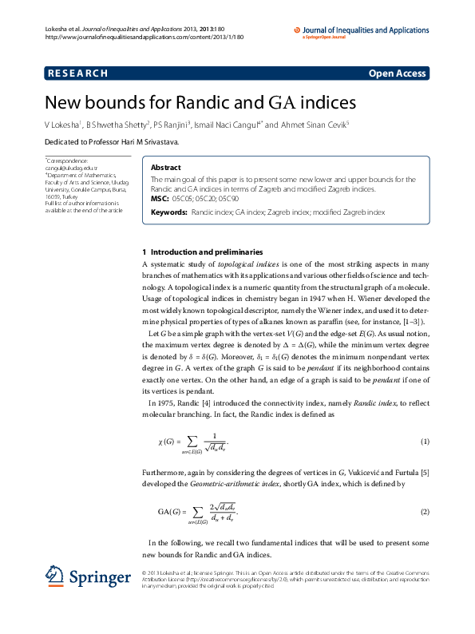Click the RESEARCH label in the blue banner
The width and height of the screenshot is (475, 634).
click(77, 73)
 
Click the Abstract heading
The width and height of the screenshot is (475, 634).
click(165, 168)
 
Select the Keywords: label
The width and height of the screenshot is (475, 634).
click(169, 213)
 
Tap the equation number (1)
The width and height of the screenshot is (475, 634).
click(426, 442)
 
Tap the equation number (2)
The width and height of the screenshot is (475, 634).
click(426, 511)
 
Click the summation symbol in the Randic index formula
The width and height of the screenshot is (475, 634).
click(197, 441)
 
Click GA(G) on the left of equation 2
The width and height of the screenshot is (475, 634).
click(168, 511)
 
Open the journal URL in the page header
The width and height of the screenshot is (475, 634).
click(144, 37)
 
